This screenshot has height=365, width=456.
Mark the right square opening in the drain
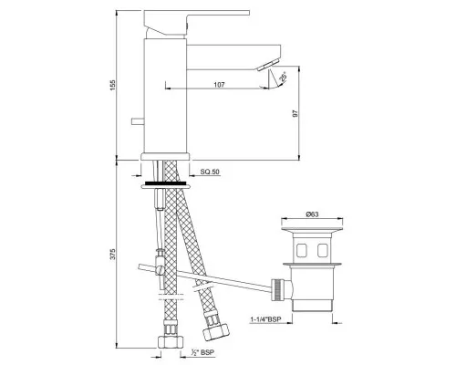(x=326, y=249)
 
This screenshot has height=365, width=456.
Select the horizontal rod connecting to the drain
(x=210, y=276)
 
